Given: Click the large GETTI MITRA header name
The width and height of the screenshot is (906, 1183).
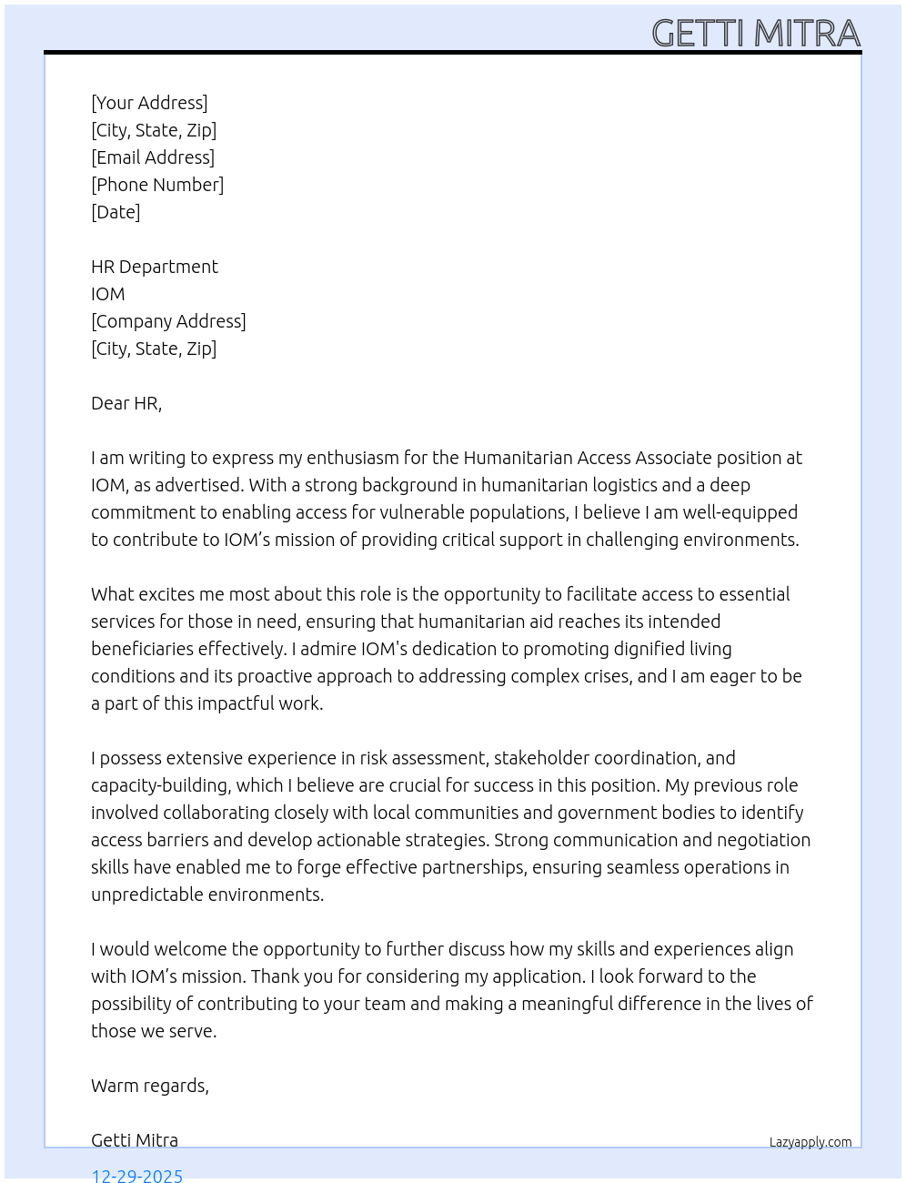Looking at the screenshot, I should coord(756,34).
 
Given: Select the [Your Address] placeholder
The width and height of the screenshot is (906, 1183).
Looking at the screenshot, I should coord(149,103).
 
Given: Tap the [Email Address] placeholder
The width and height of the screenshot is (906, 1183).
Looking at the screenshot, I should coord(153,157).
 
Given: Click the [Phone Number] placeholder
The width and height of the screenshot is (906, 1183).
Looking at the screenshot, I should coord(157,185).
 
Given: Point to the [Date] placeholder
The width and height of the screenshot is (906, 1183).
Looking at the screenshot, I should coord(116,212).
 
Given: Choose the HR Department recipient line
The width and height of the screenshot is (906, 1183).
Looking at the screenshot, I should coord(155,267).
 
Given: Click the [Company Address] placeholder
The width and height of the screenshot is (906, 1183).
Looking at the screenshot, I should coord(168,321).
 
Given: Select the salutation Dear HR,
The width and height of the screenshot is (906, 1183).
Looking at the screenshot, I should coord(126,403).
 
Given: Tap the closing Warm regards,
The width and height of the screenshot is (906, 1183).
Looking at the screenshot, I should coord(150,1086).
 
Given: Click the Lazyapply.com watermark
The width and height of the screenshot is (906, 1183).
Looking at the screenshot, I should coord(810,1142).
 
